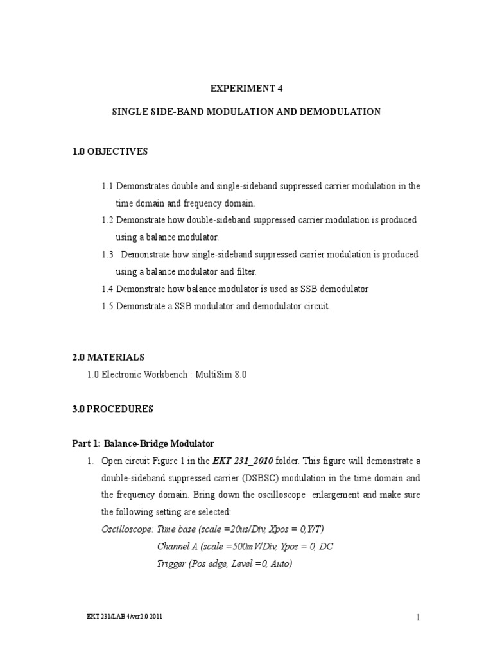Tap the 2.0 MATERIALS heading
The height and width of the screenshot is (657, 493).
point(116,357)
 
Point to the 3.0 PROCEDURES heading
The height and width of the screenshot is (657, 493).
point(121,408)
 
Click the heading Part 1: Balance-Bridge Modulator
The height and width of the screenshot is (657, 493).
point(142,443)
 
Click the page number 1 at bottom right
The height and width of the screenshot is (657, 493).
point(417,618)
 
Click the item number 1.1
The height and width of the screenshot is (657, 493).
point(107,186)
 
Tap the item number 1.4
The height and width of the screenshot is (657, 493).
point(107,289)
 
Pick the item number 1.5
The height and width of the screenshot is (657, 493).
point(107,307)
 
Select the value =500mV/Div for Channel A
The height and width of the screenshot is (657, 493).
point(244,547)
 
